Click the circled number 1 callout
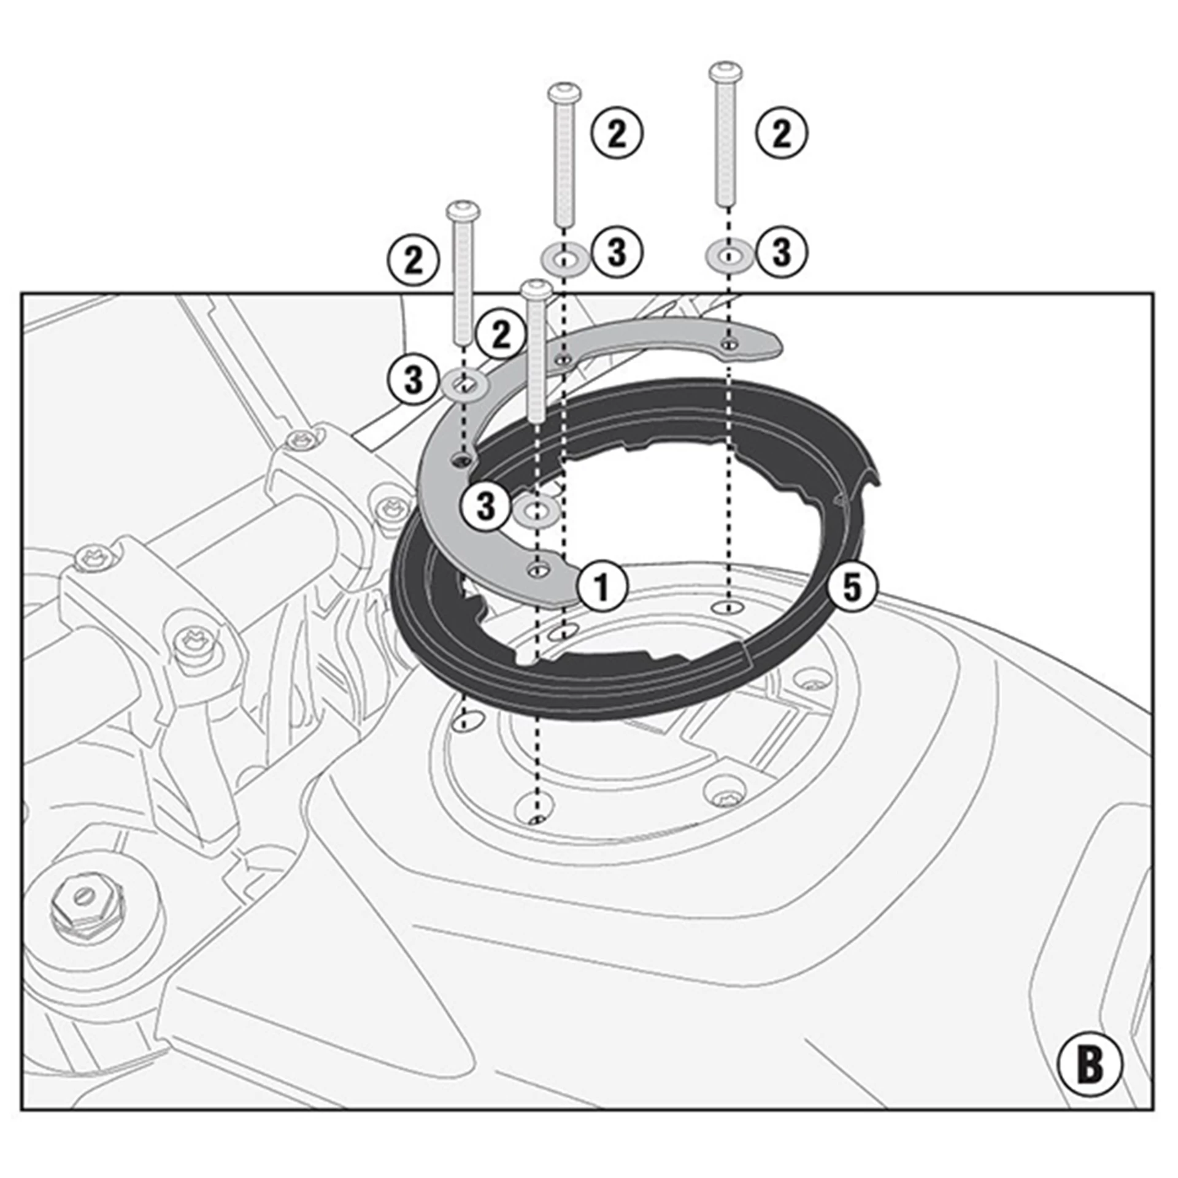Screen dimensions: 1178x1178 pyautogui.click(x=602, y=587)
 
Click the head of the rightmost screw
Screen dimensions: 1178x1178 pyautogui.click(x=726, y=72)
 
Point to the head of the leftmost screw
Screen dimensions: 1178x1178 pyautogui.click(x=464, y=212)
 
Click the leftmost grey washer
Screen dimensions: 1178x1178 pyautogui.click(x=465, y=385)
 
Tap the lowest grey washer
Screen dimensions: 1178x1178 pyautogui.click(x=537, y=510)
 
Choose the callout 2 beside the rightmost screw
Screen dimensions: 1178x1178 pyautogui.click(x=781, y=133)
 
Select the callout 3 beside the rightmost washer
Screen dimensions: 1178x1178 pyautogui.click(x=781, y=252)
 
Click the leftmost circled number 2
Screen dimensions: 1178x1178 pyautogui.click(x=413, y=260)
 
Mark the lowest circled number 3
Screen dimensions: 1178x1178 pyautogui.click(x=485, y=507)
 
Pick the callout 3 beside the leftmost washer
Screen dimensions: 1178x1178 pyautogui.click(x=413, y=379)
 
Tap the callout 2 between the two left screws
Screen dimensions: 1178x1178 pyautogui.click(x=501, y=335)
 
